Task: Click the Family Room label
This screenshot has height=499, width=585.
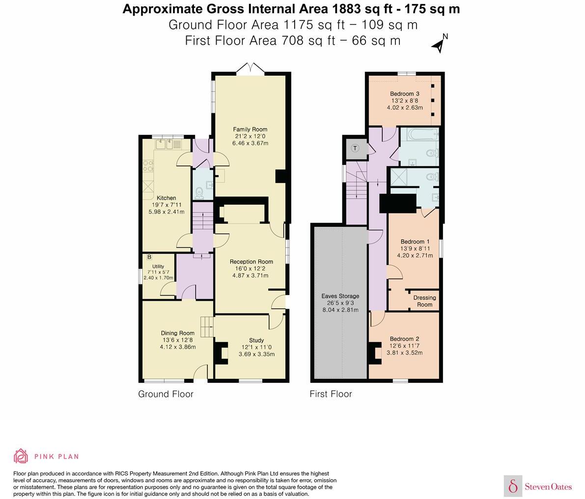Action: coord(250,130)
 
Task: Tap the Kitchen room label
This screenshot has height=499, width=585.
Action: coord(167,198)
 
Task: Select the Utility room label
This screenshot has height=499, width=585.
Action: coord(158,266)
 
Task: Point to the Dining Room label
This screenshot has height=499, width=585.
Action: coord(178,333)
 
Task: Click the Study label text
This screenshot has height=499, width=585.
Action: coord(256,340)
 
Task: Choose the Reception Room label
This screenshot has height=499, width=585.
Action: coord(251,262)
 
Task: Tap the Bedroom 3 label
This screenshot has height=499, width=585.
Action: coord(405,94)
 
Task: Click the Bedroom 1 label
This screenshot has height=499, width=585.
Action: coord(415,241)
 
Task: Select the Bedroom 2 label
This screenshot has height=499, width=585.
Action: coord(404,339)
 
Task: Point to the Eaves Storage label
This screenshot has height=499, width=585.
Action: coord(340,296)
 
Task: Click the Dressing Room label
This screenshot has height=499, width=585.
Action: coord(424,301)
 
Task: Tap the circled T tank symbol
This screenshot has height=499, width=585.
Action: coord(355,148)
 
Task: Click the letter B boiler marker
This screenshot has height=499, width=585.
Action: coord(149,257)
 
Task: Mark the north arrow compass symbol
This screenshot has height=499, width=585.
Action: coord(440,44)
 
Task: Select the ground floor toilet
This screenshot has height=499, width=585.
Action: coord(199,193)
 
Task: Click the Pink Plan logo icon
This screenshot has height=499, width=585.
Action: coord(21,456)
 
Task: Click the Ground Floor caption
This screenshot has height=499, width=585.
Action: coord(166,394)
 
